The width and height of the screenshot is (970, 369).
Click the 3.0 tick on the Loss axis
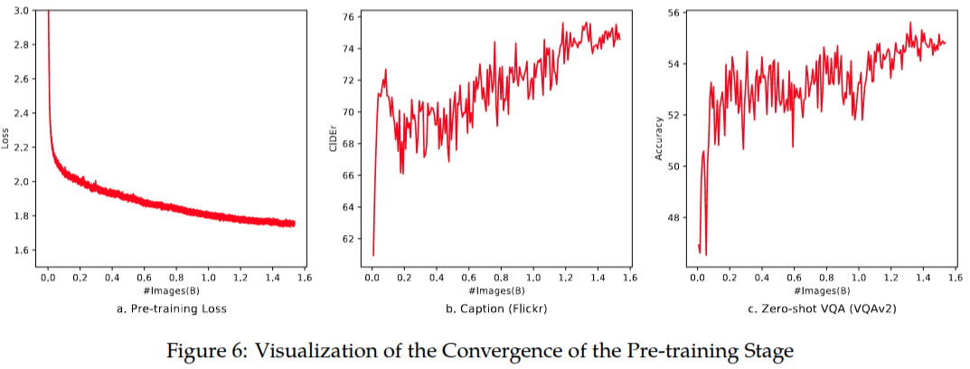pyautogui.click(x=21, y=10)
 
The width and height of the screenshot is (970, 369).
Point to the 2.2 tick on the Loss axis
pyautogui.click(x=21, y=147)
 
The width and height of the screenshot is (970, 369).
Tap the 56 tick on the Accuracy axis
pyautogui.click(x=674, y=13)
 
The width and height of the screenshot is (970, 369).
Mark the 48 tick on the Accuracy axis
pyautogui.click(x=674, y=217)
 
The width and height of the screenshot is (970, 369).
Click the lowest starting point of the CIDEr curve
pyautogui.click(x=372, y=254)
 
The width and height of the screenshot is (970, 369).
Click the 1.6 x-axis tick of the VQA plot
pyautogui.click(x=955, y=278)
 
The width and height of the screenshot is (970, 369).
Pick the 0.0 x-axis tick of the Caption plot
pyautogui.click(x=372, y=278)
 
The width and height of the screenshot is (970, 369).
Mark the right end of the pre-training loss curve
pyautogui.click(x=295, y=223)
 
